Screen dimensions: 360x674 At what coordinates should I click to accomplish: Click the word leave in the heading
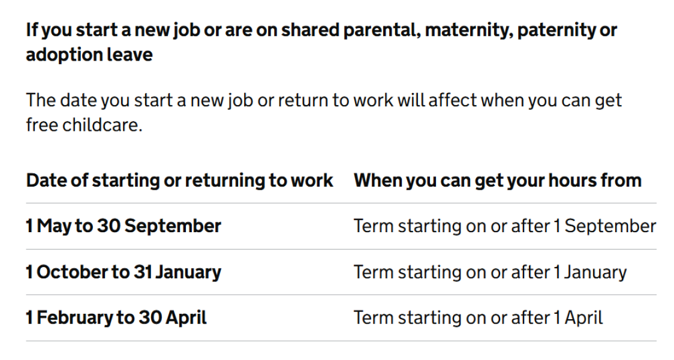[131, 55]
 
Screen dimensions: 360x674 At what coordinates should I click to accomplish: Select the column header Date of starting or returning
[179, 180]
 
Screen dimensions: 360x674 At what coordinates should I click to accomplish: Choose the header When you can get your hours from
[497, 180]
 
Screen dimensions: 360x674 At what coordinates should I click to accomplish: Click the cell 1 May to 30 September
[124, 226]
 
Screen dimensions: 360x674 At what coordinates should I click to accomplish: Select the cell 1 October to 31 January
[124, 272]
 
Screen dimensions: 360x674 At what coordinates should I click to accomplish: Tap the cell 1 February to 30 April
[116, 318]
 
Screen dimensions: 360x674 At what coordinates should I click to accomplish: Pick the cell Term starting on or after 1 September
[504, 226]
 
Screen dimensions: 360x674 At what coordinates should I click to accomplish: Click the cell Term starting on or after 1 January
[490, 272]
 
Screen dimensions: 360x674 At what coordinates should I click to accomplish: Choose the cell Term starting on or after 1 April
[478, 318]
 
